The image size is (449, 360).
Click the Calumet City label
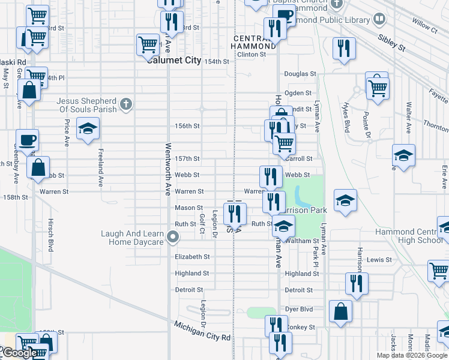click(175, 60)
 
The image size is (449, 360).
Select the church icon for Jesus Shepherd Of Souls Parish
click(125, 105)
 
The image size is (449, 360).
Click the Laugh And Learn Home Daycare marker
click(173, 238)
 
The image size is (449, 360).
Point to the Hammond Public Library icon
click(379, 20)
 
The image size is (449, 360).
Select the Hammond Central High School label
click(409, 236)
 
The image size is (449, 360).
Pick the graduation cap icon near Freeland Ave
click(88, 129)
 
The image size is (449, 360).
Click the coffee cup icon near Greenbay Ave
click(27, 140)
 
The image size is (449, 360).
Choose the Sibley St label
click(392, 41)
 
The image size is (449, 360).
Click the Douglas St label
click(300, 74)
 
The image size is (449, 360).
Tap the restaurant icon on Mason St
click(235, 212)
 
